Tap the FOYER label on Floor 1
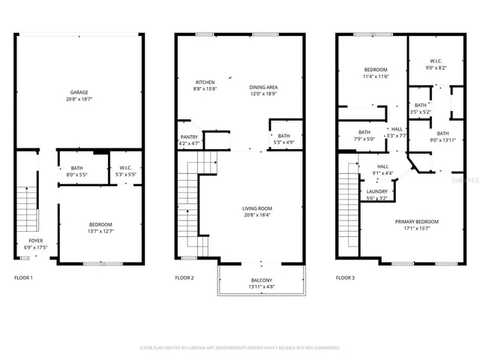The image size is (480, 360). pyautogui.click(x=31, y=241)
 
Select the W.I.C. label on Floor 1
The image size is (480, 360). pyautogui.click(x=121, y=168)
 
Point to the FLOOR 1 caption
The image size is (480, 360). pyautogui.click(x=24, y=278)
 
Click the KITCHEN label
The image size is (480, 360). pyautogui.click(x=205, y=82)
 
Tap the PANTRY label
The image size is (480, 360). pyautogui.click(x=189, y=136)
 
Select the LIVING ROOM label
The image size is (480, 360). pyautogui.click(x=256, y=208)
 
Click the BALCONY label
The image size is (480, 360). pyautogui.click(x=262, y=281)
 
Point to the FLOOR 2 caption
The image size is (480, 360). pyautogui.click(x=184, y=278)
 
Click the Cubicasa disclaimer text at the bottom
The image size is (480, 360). pyautogui.click(x=240, y=347)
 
